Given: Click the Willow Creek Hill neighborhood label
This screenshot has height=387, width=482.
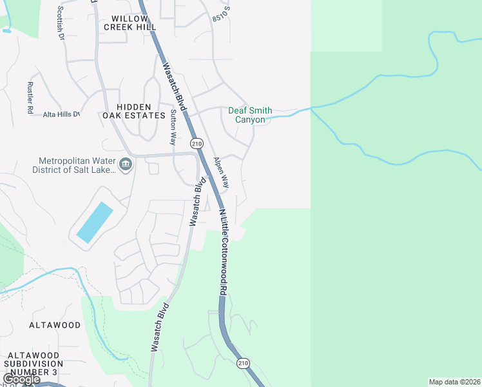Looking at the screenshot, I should pos(133,23).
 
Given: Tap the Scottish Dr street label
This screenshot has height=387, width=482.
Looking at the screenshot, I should pos(61,23).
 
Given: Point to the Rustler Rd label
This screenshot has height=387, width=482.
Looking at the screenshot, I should pos(30,98).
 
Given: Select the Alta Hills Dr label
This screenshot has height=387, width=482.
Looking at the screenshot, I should pos(62,114).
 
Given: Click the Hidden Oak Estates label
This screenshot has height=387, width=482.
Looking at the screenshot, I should pos(133,111).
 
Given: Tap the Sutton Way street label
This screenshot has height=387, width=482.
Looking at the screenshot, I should pos(173,126).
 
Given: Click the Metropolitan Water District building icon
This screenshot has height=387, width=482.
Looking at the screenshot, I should pos(126,165).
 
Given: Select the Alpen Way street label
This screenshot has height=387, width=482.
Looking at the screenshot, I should pos(221,172).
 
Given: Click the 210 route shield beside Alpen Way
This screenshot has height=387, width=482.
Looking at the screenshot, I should pos(197,143).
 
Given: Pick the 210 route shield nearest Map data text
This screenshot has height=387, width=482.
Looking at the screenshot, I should pos(242,364).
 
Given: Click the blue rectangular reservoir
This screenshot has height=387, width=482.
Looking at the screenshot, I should pos(95,222).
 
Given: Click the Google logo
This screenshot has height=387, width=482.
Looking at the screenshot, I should pos(21,379).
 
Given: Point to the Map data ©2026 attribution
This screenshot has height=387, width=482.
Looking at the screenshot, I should pos(454,382).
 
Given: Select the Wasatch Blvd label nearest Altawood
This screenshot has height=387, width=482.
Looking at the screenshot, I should pos(159,326).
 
